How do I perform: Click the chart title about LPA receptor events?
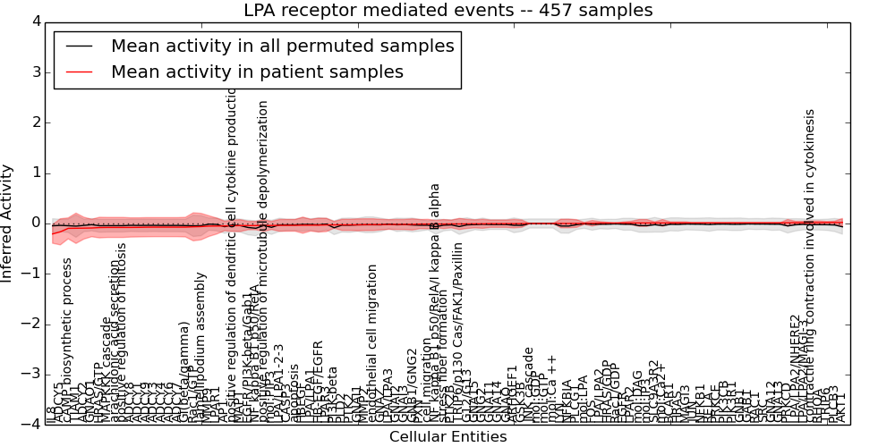pos(447,11)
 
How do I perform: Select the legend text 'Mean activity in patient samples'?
pos(257,72)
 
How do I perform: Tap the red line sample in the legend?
pos(79,72)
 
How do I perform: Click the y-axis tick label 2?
pos(37,122)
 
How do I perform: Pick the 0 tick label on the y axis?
pos(37,223)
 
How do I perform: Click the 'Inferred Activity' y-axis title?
pos(8,223)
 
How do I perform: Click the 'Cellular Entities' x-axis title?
pos(447,437)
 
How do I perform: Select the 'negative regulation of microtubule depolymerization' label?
pos(263,259)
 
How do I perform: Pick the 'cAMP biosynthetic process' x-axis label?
pos(67,340)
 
